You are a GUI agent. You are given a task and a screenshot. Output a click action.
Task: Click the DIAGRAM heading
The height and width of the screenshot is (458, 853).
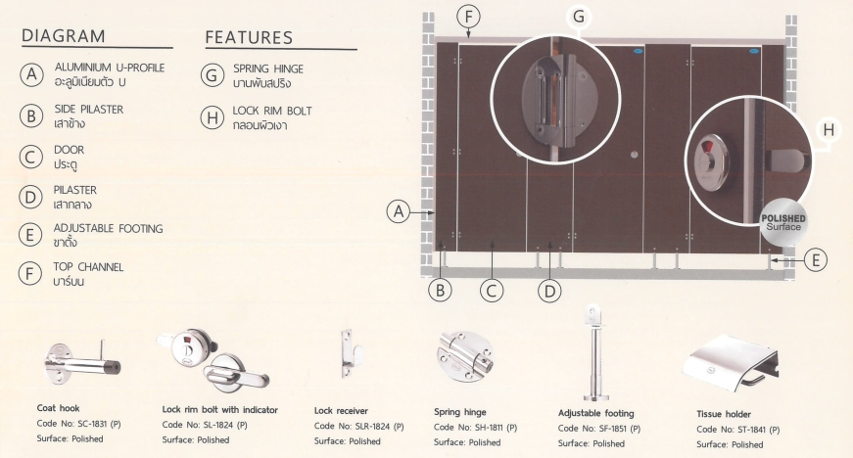pos(63,36)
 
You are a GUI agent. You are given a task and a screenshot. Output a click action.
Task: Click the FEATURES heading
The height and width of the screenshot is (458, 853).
pos(249,37)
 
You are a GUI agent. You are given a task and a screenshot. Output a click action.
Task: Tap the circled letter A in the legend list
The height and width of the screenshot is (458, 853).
pos(31,74)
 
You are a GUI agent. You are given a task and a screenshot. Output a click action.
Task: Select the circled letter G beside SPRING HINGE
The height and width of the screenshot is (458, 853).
pos(212,75)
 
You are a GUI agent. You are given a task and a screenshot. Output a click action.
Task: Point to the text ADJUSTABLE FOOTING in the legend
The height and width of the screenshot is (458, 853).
pos(109,228)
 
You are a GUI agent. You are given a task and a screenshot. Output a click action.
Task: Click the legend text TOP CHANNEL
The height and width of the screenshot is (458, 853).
pos(88,267)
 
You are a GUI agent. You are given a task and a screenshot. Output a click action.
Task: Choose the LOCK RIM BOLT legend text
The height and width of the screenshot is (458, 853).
pos(272,111)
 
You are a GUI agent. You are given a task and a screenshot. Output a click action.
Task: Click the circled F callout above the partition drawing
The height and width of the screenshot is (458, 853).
pos(468,17)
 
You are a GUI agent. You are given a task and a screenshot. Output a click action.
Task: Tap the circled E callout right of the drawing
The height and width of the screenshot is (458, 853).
pos(815,260)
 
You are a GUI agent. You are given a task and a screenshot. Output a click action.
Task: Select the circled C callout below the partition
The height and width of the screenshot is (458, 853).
pos(492,292)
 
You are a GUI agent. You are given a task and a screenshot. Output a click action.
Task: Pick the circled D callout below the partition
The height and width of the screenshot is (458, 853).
pos(549,292)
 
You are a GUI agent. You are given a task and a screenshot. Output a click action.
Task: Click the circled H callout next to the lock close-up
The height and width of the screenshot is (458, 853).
pos(829,130)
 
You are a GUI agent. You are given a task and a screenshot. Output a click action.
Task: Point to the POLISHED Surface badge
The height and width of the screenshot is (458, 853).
pos(783,222)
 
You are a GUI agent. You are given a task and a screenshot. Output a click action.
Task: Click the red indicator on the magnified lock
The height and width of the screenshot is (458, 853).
pos(707,147)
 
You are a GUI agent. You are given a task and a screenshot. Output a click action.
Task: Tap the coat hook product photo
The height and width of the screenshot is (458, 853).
pos(82,362)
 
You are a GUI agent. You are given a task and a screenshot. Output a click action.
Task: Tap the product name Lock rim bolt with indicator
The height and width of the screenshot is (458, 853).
pos(219,410)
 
